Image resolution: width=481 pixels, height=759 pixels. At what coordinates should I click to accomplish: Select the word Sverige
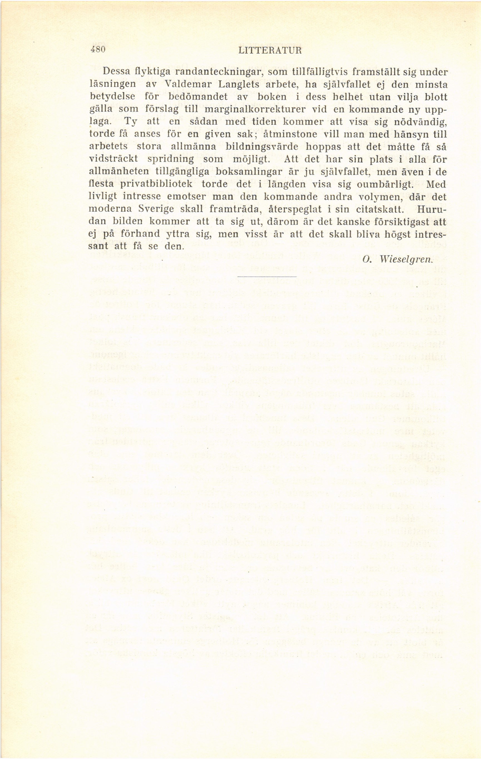[156, 209]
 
